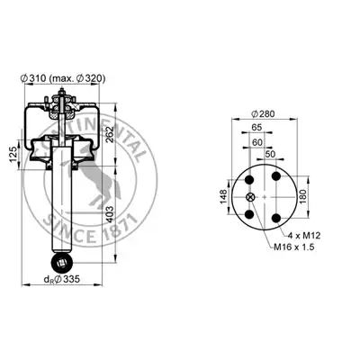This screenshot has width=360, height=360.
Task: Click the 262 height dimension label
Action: pos(109,134)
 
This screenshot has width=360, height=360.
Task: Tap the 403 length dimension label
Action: pos(110,214)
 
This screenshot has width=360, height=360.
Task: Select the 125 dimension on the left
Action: pos(13,154)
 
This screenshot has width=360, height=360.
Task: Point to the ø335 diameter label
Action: pos(62,279)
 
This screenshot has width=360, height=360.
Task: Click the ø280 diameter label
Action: pos(263,114)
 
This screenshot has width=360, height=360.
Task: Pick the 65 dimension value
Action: pos(256,127)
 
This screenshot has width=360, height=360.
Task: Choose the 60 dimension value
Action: pos(257,143)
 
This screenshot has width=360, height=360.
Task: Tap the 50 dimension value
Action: pos(270,154)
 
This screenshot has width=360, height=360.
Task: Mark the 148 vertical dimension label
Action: pos(224,197)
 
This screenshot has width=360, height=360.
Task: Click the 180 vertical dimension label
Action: pos(303,196)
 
